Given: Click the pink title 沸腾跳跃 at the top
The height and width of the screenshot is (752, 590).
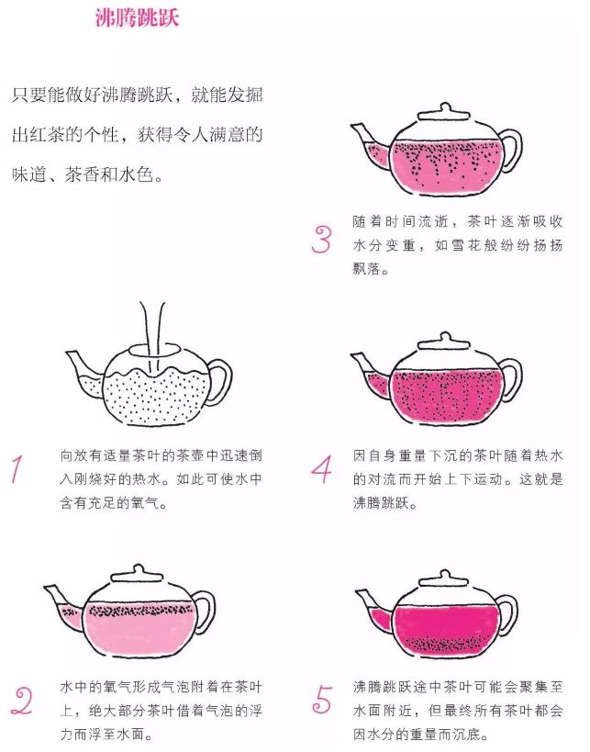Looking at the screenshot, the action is point(137,17).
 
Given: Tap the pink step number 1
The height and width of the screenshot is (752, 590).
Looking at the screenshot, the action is point(17,469).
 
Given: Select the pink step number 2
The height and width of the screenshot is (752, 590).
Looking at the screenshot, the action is point(22,701).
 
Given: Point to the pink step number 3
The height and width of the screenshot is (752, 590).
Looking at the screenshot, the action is point(321,240).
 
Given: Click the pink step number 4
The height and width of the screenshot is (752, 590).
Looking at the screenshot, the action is point(321,469).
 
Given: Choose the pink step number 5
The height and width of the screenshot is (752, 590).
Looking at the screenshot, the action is point(322,700).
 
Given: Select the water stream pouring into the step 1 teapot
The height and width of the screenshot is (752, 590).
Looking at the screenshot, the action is point(152,336).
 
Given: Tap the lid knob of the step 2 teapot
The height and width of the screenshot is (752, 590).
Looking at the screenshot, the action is point(138,568).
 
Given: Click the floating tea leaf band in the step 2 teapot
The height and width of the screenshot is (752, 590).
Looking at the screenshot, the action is point(141,611).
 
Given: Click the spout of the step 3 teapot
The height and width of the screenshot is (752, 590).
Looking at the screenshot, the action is point(371,145).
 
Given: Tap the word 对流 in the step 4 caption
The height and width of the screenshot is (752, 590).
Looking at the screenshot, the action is point(382,478).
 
